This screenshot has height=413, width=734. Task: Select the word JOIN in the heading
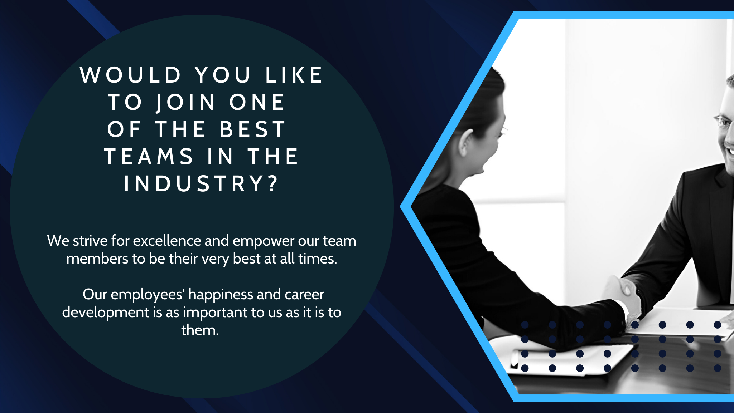[x=186, y=102]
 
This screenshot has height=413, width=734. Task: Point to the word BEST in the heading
[x=253, y=129]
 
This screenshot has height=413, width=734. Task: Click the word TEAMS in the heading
[x=149, y=156]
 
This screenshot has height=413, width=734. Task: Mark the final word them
[x=200, y=330]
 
